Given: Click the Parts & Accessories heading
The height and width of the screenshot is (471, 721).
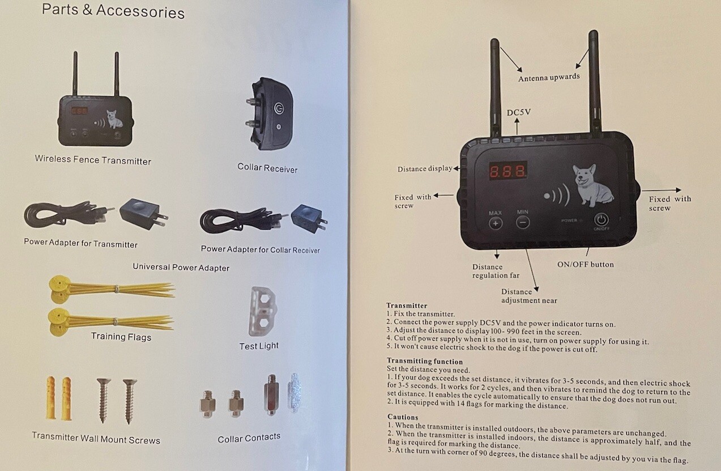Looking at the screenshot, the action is point(113,11).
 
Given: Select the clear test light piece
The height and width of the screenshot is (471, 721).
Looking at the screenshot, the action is point(262,311).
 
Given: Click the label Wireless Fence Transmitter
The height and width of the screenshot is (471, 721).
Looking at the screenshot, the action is point(93,160).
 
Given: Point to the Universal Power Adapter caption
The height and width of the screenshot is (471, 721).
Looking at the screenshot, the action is point(181,267).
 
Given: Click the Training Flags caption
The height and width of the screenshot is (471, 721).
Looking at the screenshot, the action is point(121,337).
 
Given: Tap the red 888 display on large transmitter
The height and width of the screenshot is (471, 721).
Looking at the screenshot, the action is point(508,172).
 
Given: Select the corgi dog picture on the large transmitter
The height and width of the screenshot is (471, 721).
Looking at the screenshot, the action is point(592,184).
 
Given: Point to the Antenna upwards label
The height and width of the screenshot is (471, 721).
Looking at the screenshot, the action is point(549,77).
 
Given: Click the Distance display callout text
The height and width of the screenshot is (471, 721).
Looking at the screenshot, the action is point(424,169).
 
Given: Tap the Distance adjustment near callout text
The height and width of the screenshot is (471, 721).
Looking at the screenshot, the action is point(528,296).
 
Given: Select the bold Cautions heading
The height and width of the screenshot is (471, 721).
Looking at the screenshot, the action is point(403,417).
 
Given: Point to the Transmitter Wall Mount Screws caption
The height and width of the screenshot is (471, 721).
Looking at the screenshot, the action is point(96,439).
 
